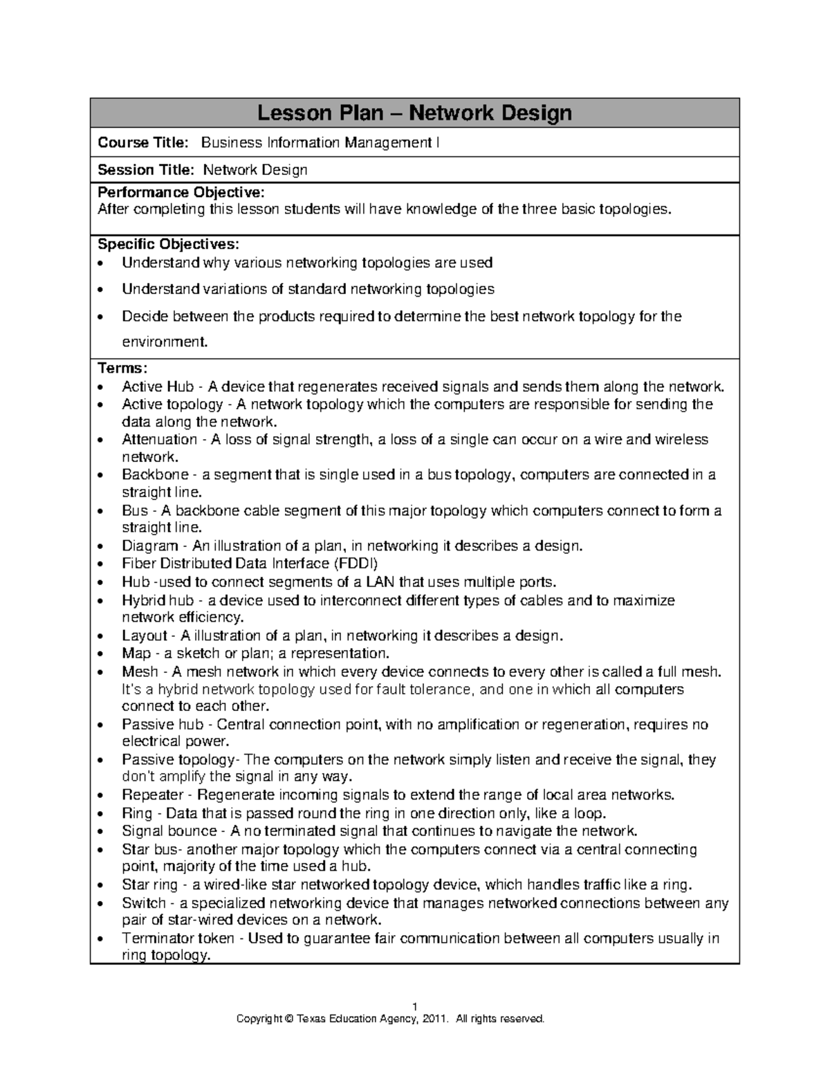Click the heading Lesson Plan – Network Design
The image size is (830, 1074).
(x=414, y=113)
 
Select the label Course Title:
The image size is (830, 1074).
(x=143, y=143)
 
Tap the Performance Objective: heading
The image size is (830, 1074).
(x=181, y=192)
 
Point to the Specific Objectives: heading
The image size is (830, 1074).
(x=169, y=244)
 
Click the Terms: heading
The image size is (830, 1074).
(x=122, y=368)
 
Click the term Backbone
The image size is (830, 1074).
(x=155, y=475)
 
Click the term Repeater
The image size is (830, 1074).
(x=153, y=795)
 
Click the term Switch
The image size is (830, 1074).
(x=144, y=903)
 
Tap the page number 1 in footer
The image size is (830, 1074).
(x=414, y=1006)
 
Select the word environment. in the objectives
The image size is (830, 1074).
(x=165, y=342)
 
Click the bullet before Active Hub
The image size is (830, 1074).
(x=102, y=387)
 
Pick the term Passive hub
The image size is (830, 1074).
(x=163, y=725)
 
